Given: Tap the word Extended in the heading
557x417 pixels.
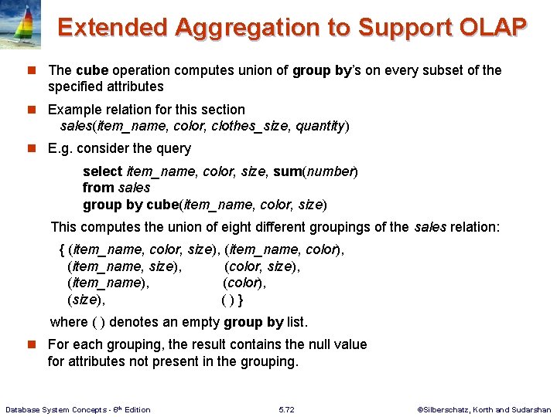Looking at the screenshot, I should tap(113, 28).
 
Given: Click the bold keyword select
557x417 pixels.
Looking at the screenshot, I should tap(102, 171).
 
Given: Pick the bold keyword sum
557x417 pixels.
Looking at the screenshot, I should tap(288, 171).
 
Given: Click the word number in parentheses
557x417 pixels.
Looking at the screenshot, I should tap(331, 171).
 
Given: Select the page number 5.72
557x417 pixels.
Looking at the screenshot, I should tap(285, 409).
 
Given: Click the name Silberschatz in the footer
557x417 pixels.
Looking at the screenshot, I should tap(446, 409).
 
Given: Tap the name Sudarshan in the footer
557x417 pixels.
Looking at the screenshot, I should tap(531, 409).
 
